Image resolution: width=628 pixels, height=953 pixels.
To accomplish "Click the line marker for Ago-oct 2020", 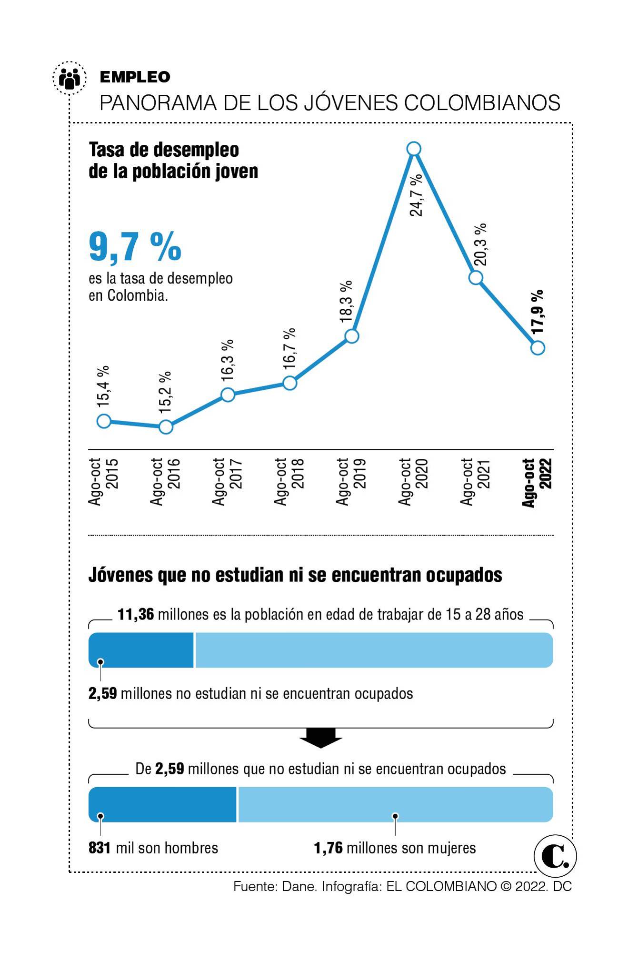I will point(414,149).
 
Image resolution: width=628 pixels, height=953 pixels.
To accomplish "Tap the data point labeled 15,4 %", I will point(104,421).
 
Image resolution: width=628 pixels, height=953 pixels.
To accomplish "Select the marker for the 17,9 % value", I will point(538,348).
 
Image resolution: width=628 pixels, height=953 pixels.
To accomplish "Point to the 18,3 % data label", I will point(347,302).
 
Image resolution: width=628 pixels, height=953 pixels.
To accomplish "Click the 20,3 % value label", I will point(480,244).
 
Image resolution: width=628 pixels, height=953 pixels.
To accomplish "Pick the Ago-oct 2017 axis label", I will point(228,482).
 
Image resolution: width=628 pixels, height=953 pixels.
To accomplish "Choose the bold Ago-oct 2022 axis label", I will point(537,482).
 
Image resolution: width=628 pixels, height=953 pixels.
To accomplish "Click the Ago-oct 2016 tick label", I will point(165,482).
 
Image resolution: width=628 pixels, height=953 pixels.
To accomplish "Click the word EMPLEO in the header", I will point(135,77).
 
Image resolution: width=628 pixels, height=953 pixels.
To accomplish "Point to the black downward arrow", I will point(320,738).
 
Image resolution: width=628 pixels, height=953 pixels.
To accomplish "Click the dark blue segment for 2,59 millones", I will point(141,650).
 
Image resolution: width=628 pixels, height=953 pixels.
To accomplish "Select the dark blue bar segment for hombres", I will point(162,804).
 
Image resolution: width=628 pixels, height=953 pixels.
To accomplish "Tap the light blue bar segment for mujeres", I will point(395,804).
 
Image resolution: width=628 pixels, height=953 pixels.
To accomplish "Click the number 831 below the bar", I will point(100,848).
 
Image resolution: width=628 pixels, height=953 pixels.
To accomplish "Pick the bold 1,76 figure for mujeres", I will point(328,848).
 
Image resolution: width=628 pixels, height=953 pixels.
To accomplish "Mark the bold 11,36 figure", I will point(136,614).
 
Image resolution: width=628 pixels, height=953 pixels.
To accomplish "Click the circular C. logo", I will point(555,856).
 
